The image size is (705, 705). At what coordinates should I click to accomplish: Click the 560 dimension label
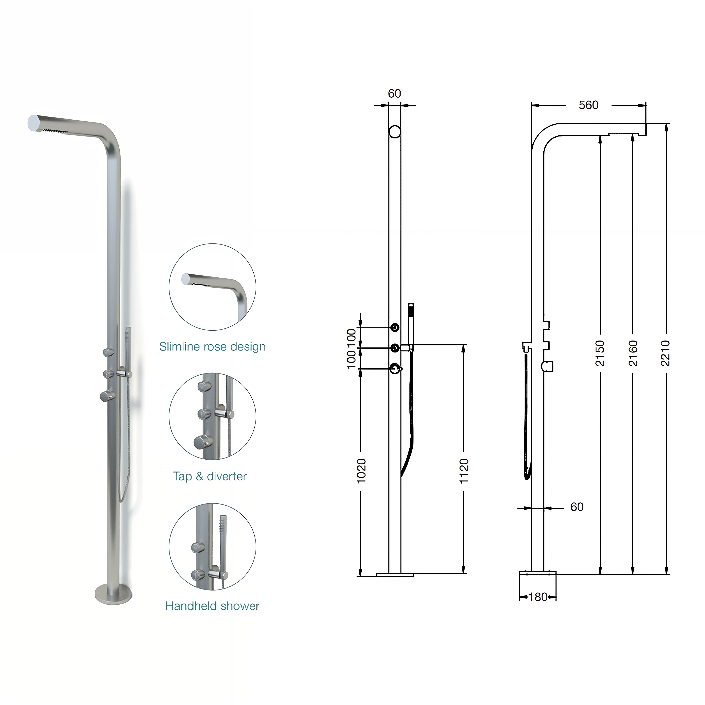point(588,105)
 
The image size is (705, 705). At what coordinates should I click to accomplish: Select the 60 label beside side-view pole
point(577,507)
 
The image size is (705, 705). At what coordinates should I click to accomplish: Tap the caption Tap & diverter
point(210,476)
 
